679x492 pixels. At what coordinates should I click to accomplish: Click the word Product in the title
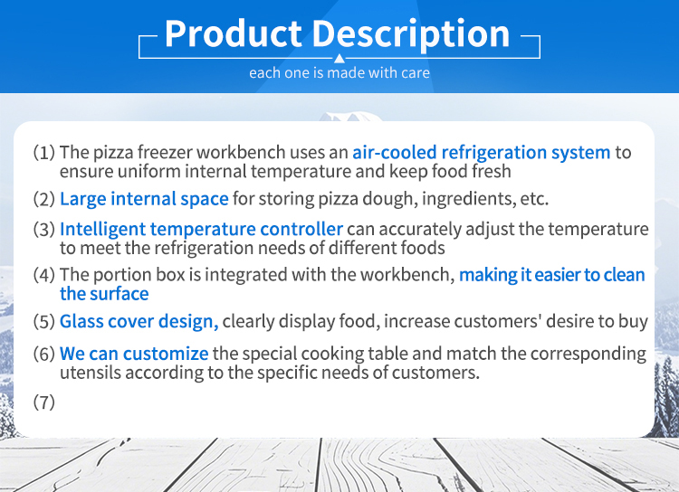pyautogui.click(x=233, y=33)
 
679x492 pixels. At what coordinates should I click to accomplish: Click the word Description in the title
pyautogui.click(x=410, y=34)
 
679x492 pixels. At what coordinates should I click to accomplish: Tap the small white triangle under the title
pyautogui.click(x=339, y=59)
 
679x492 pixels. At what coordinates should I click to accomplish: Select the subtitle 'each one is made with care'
pyautogui.click(x=339, y=72)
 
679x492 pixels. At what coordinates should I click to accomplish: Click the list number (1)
pyautogui.click(x=44, y=152)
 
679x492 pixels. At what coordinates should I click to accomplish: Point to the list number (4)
pyautogui.click(x=44, y=275)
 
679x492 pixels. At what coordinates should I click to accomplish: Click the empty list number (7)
pyautogui.click(x=44, y=402)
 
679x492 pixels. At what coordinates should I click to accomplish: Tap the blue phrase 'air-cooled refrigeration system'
pyautogui.click(x=482, y=152)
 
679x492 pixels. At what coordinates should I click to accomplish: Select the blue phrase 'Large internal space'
pyautogui.click(x=144, y=199)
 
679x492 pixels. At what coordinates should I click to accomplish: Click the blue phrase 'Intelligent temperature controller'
pyautogui.click(x=201, y=230)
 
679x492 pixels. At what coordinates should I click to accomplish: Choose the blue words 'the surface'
pyautogui.click(x=104, y=294)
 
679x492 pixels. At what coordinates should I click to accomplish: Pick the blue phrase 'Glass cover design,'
pyautogui.click(x=139, y=321)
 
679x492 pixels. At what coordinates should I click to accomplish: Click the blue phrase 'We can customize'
pyautogui.click(x=134, y=354)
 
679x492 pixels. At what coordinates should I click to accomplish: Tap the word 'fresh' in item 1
pyautogui.click(x=491, y=171)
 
